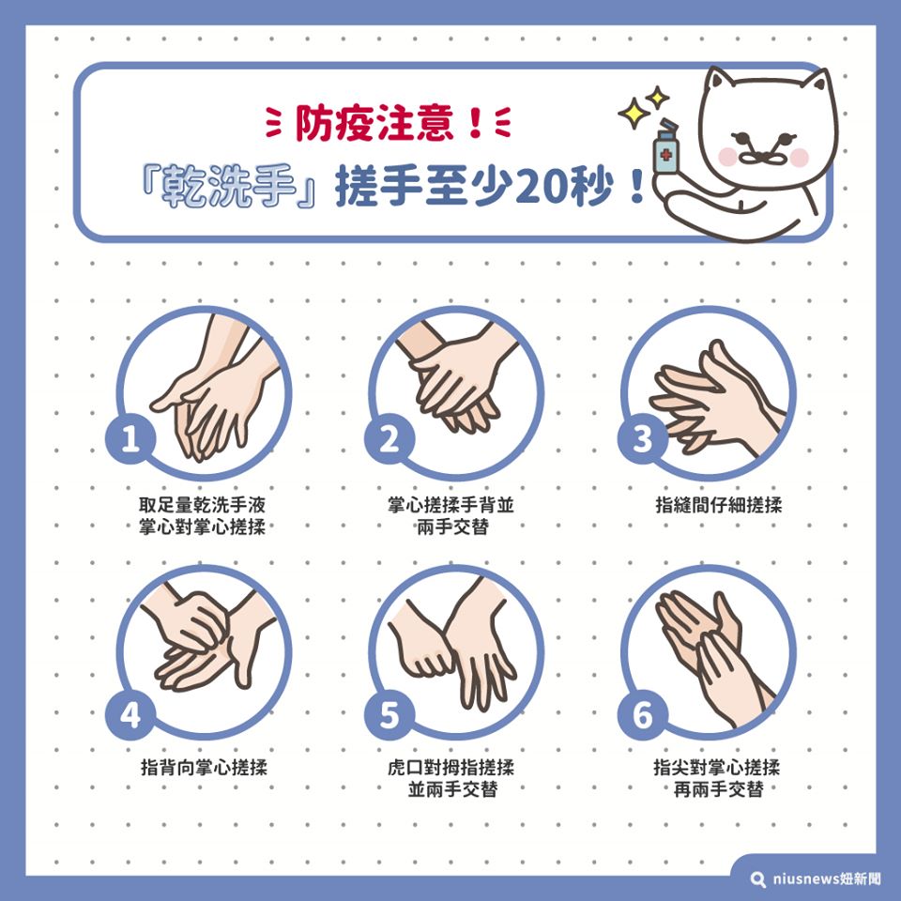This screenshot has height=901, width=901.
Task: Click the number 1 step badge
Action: click(130, 439)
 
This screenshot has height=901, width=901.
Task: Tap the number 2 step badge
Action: click(389, 439)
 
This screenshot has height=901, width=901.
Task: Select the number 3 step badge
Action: click(643, 439)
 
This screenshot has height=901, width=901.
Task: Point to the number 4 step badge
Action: click(130, 715)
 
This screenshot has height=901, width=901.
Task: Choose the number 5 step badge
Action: click(389, 715)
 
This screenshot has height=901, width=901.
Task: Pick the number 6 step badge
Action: click(643, 715)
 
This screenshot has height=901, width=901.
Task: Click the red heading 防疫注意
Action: click(374, 124)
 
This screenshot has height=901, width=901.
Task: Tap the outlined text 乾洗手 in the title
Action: click(229, 186)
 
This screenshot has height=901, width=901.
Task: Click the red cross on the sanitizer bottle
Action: click(665, 154)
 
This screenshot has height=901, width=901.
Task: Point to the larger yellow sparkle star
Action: click(634, 113)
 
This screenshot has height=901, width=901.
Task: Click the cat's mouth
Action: click(761, 158)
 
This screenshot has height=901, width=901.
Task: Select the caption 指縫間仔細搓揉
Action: click(719, 505)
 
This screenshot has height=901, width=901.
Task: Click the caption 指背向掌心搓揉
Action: click(204, 767)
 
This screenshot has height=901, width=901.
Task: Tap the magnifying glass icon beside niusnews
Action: click(758, 879)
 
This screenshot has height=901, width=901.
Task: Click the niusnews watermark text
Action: click(826, 878)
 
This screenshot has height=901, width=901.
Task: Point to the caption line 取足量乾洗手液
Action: click(202, 505)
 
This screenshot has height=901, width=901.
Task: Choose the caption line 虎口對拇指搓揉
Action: click(451, 767)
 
